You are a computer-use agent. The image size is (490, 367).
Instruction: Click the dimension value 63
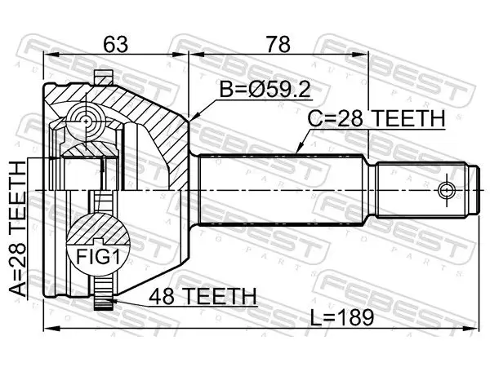click(x=116, y=44)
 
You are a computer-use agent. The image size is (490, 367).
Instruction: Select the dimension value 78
click(x=278, y=44)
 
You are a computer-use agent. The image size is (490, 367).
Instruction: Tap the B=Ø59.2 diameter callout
click(x=265, y=90)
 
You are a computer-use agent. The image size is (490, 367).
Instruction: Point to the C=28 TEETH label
click(x=376, y=119)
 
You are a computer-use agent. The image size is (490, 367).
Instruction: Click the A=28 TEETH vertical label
click(x=17, y=228)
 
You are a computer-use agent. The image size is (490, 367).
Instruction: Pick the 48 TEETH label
click(x=203, y=297)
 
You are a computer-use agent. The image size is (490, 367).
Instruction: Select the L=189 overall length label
click(x=342, y=317)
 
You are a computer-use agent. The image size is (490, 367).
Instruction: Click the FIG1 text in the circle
click(x=98, y=257)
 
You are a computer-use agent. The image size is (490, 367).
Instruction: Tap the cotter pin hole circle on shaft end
click(x=446, y=190)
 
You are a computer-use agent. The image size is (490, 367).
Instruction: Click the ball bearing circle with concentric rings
click(x=86, y=121)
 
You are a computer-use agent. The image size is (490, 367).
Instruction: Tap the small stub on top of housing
click(x=104, y=77)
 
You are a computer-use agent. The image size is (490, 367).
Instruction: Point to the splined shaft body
click(x=281, y=190)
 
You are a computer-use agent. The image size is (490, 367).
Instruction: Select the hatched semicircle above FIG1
click(x=98, y=229)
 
